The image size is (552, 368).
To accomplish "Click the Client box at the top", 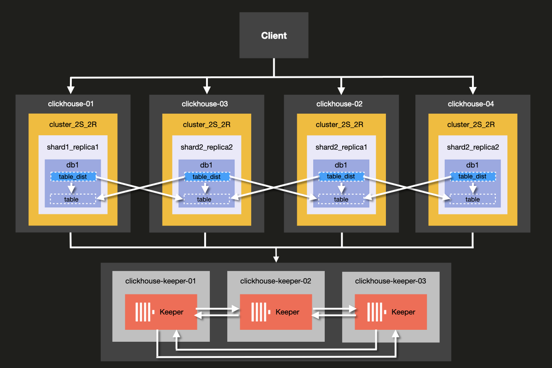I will (x=274, y=35).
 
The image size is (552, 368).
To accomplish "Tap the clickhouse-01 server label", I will (x=71, y=104).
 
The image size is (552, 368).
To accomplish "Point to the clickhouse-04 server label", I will (x=471, y=104).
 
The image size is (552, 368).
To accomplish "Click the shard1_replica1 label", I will (x=73, y=148).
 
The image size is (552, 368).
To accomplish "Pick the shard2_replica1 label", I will (x=341, y=148).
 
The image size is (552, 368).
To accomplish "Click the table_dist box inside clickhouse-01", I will (x=73, y=177).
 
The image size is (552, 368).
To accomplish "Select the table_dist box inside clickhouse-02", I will (x=341, y=177).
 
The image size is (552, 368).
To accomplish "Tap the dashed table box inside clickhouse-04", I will (x=472, y=199).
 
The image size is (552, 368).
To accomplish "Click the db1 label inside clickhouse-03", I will (x=207, y=165).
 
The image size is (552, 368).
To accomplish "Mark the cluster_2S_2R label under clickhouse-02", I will (x=341, y=125).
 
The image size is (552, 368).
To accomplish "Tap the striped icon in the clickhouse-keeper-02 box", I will (x=260, y=312).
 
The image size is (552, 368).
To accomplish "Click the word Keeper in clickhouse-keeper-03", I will (x=403, y=312).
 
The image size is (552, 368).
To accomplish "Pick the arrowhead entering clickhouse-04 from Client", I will (x=472, y=90).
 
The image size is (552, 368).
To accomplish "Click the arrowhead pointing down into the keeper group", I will (x=276, y=258).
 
